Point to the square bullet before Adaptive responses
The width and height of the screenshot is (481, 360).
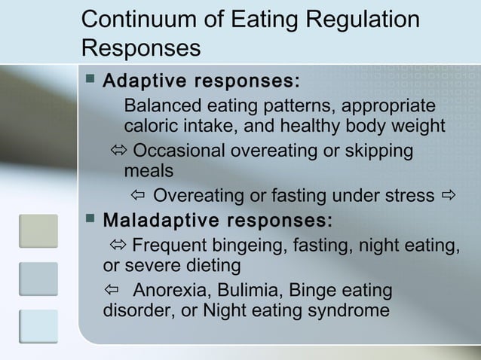point(90,79)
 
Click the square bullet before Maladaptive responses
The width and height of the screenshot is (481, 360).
point(90,221)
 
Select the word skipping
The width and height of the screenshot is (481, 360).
point(379,151)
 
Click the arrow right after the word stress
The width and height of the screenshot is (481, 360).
point(448,197)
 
